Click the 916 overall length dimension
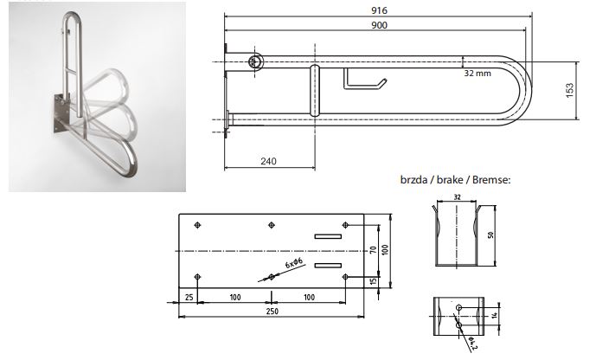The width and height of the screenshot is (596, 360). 379,10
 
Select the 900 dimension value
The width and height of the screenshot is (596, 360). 379,25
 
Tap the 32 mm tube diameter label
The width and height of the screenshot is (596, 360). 477,73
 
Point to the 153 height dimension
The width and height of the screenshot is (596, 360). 570,91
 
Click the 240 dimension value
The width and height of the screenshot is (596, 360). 268,161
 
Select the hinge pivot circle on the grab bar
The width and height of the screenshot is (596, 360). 255,62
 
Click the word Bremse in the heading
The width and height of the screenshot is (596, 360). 491,179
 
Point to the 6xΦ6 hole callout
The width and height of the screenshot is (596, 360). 293,263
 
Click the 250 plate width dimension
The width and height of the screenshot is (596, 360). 272,312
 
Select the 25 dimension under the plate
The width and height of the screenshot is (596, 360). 189,298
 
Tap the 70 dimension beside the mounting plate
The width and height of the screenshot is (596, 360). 374,250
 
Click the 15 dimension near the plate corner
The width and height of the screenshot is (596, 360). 374,281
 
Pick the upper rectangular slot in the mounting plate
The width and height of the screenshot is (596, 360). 328,236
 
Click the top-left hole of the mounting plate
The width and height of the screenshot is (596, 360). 197,225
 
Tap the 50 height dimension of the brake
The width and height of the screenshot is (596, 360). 490,235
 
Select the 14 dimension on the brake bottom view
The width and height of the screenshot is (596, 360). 494,315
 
